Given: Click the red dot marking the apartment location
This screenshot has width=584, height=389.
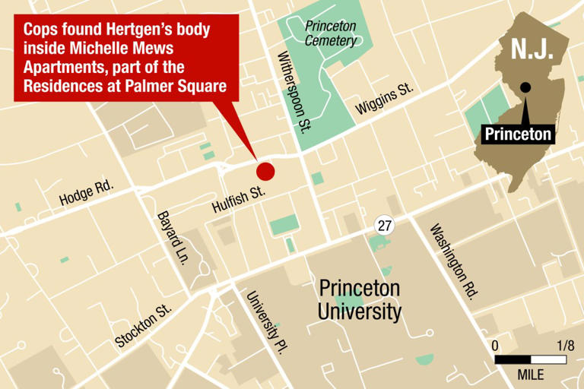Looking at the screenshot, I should click(265, 171).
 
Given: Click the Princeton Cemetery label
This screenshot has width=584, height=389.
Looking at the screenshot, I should click(330, 33).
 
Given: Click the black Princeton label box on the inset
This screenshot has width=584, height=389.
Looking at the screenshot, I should click(517, 134).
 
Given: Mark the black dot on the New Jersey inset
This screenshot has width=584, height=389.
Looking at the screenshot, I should click(525, 87).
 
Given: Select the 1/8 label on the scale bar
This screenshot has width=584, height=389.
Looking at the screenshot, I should click(564, 345).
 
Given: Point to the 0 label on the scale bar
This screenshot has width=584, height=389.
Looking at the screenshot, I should click(495, 345).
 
